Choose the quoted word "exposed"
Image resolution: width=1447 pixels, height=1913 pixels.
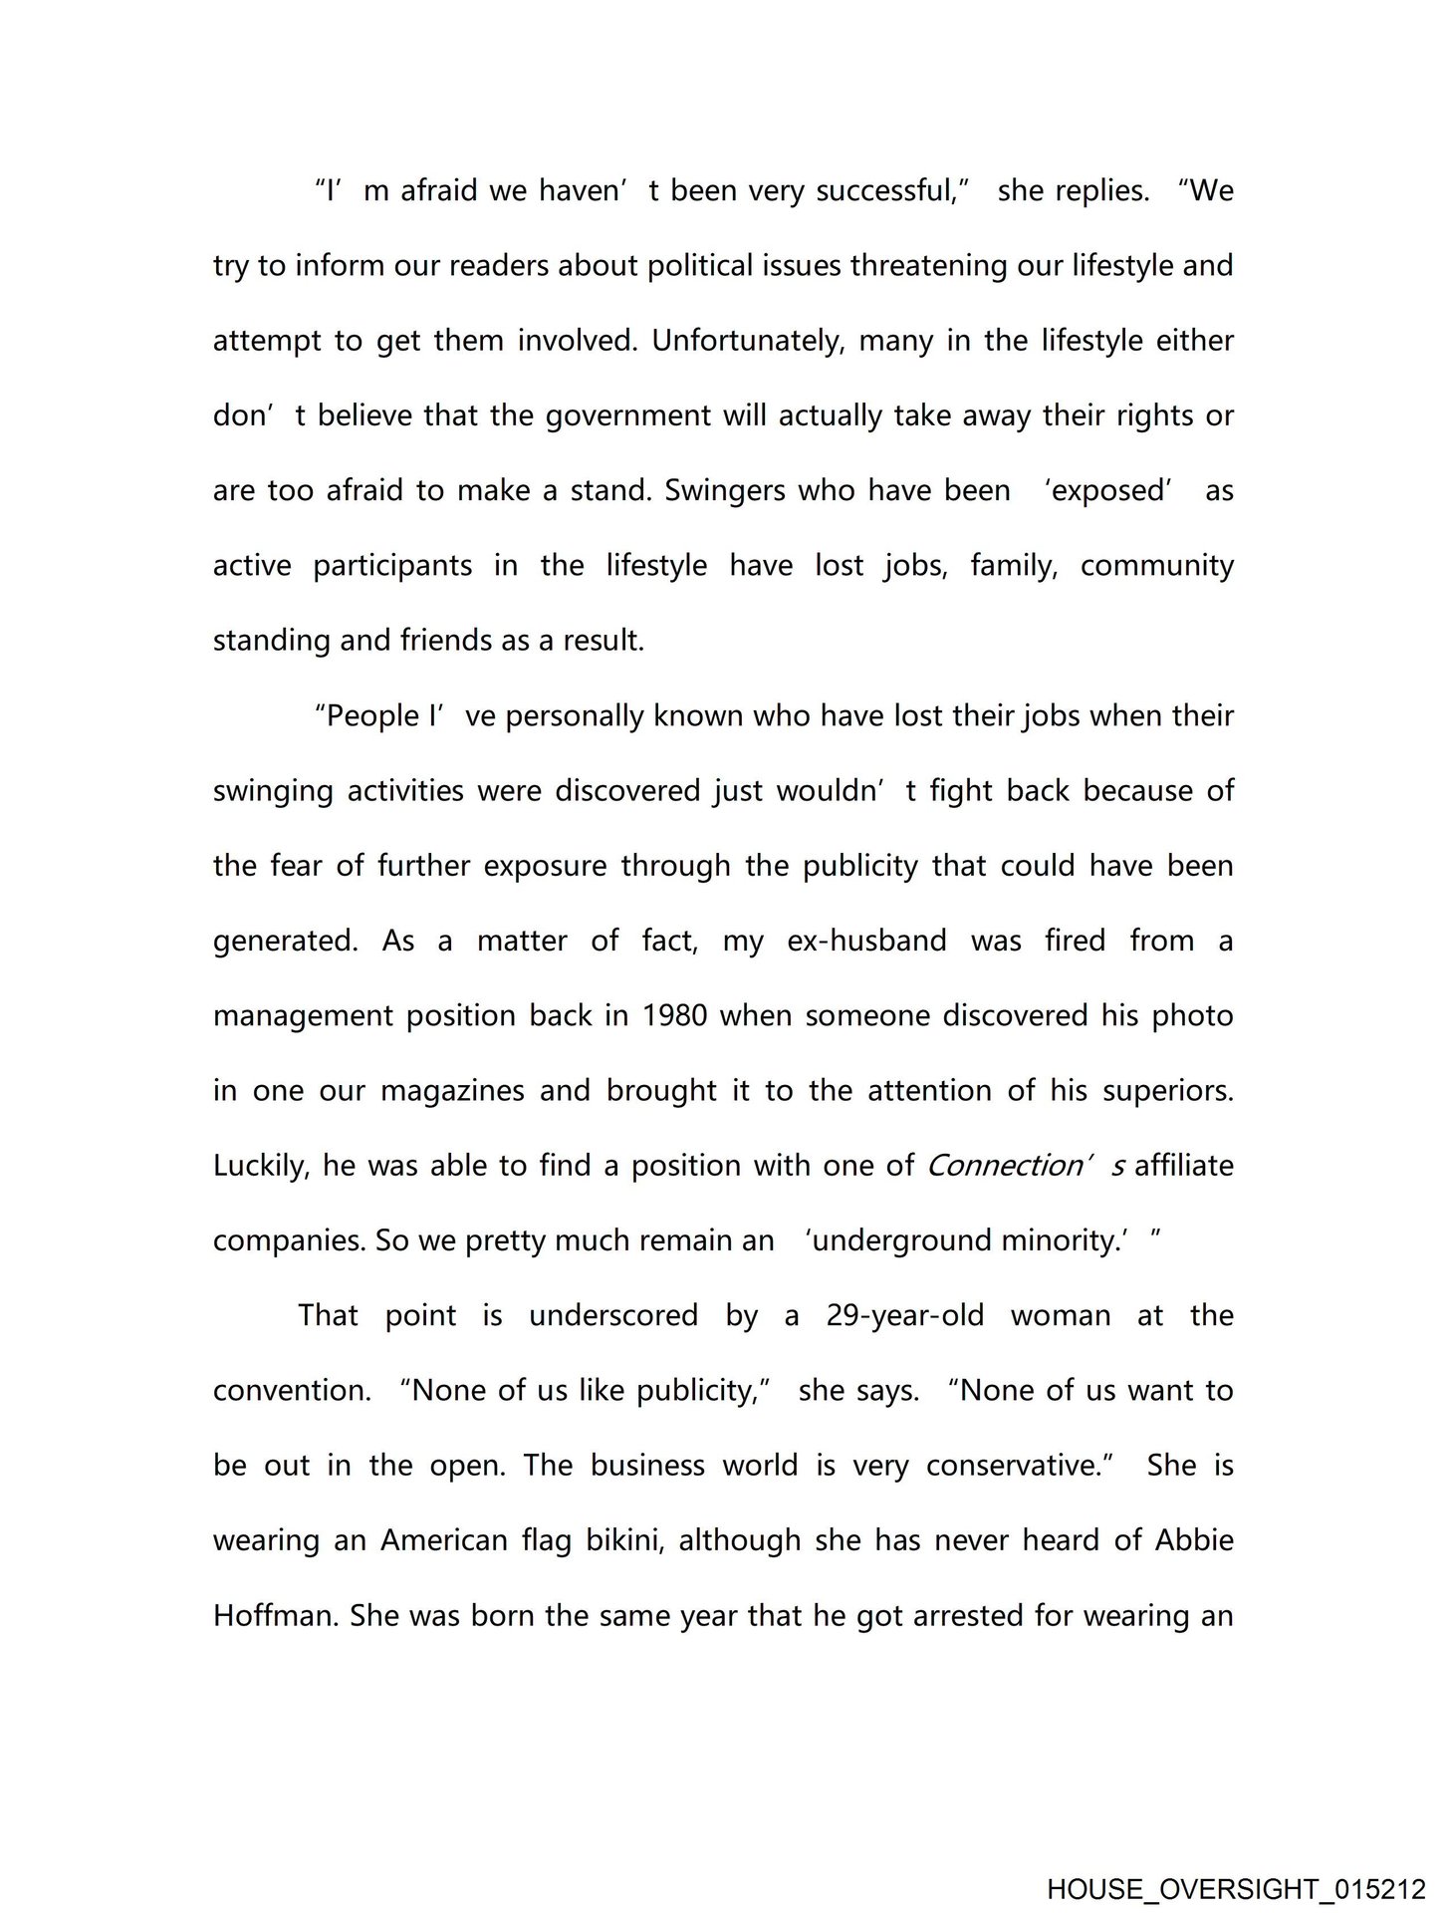click(1108, 491)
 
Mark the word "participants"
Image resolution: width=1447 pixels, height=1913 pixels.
click(392, 566)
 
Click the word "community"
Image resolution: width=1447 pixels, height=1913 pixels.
click(1156, 566)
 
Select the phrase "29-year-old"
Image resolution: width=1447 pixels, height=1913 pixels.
click(904, 1316)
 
